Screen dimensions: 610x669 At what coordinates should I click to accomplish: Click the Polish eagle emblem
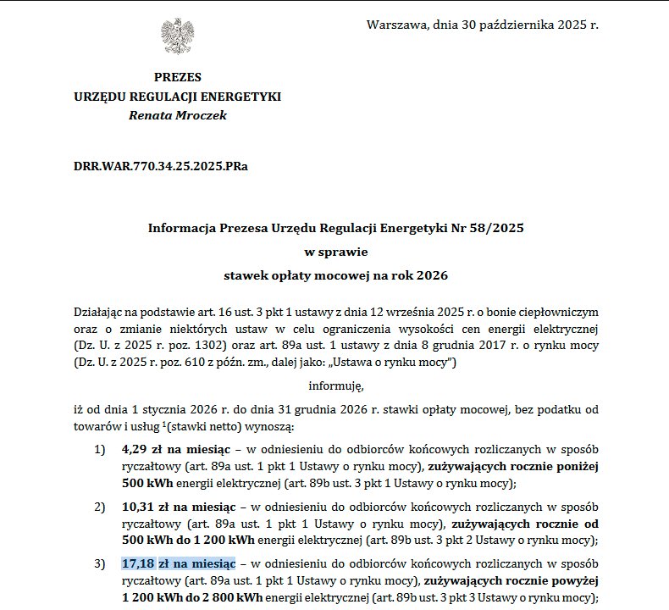pyautogui.click(x=178, y=36)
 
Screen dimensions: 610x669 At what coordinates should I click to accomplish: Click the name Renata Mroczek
pyautogui.click(x=177, y=115)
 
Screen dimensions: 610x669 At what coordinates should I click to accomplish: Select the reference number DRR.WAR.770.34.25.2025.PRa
pyautogui.click(x=161, y=166)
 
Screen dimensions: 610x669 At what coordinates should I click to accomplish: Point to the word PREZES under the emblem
pyautogui.click(x=178, y=78)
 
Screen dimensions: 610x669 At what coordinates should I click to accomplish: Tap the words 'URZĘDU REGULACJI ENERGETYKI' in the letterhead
pyautogui.click(x=178, y=97)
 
